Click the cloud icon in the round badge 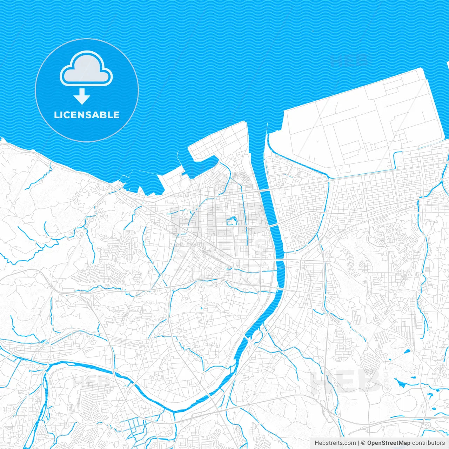[x=86, y=69]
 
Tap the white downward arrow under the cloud [x=82, y=96]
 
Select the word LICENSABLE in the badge [x=87, y=115]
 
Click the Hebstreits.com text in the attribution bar [x=335, y=443]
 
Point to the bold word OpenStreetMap [x=389, y=443]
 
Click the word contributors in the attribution [x=428, y=443]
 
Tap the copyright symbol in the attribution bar [x=363, y=443]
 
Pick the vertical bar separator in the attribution [x=359, y=443]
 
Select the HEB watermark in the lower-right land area [x=346, y=381]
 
